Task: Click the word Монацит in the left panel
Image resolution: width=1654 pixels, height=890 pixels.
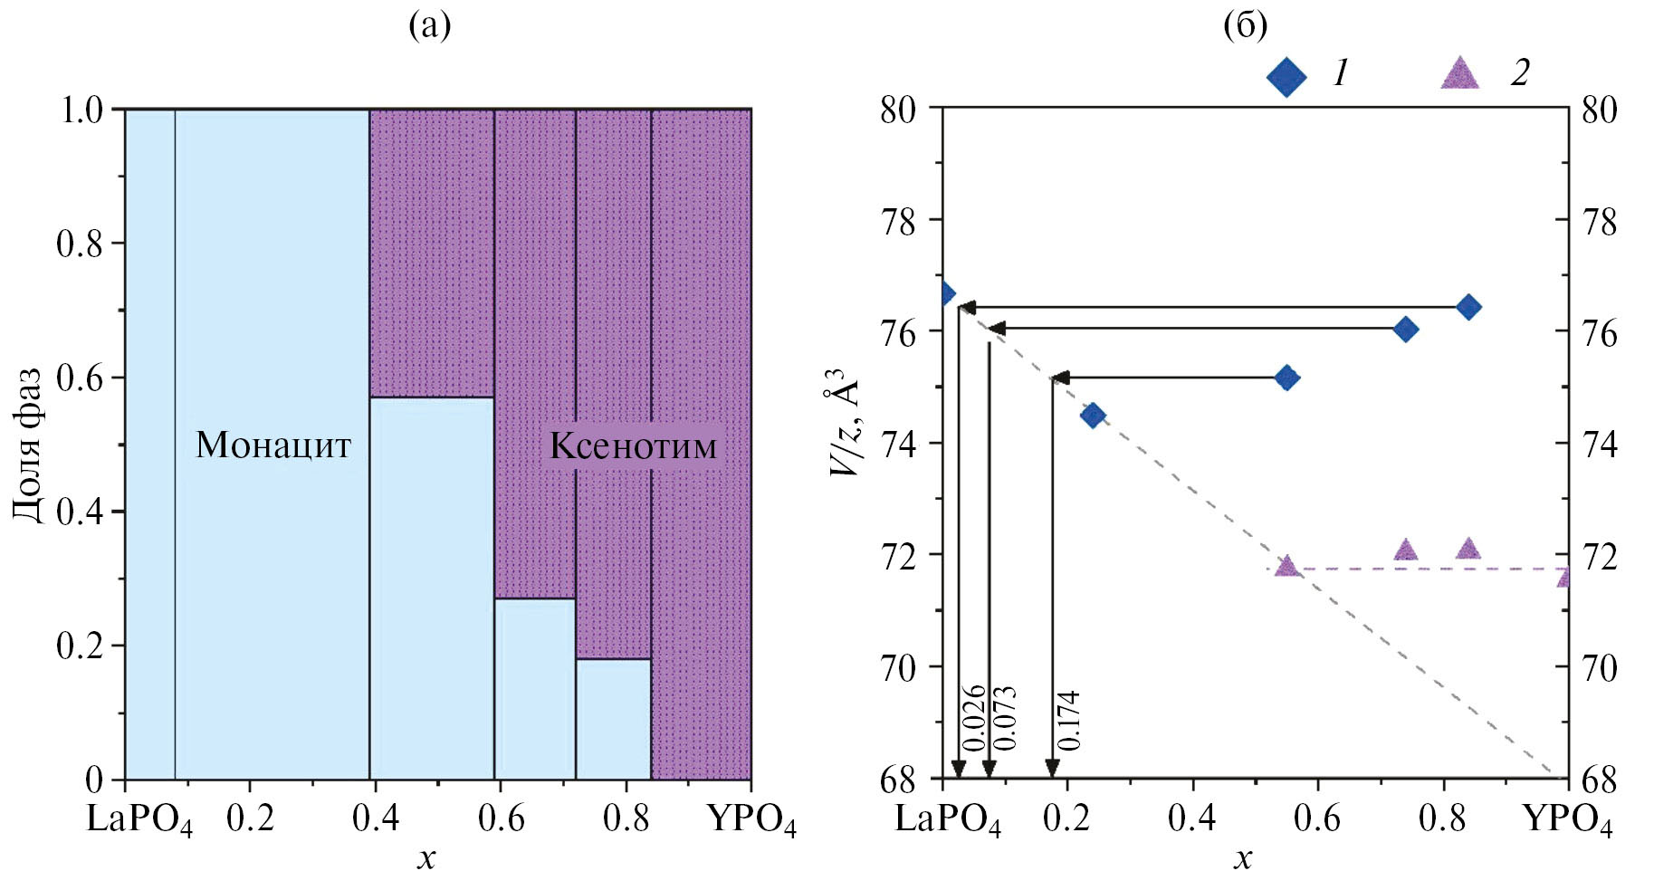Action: (x=272, y=445)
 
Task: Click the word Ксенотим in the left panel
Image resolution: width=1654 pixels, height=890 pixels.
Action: (x=633, y=445)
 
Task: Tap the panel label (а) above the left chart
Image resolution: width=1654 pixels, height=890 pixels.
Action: (x=429, y=26)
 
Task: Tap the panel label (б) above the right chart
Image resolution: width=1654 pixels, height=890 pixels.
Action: (x=1245, y=26)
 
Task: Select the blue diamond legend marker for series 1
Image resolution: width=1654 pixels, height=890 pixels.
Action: (x=1286, y=77)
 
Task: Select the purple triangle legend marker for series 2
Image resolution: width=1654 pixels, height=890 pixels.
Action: (x=1459, y=74)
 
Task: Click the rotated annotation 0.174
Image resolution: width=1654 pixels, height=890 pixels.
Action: (x=1068, y=721)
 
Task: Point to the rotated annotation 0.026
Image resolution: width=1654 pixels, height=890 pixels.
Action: (x=973, y=719)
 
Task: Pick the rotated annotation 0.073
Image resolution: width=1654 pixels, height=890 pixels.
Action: (x=1004, y=719)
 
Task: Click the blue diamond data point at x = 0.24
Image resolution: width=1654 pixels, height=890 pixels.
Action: (x=1094, y=416)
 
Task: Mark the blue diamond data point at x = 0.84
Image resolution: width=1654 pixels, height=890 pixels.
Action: (x=1468, y=307)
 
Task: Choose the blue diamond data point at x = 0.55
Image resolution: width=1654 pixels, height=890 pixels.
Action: (x=1286, y=378)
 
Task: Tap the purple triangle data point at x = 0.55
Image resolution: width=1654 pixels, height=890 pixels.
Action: (x=1286, y=567)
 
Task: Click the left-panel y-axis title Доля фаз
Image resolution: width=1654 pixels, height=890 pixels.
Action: (x=28, y=445)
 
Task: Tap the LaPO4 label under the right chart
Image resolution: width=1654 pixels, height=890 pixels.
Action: (x=948, y=819)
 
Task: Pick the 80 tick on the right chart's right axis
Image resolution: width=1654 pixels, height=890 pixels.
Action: (x=1599, y=110)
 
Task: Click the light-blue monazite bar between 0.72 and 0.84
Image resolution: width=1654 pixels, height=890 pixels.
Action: (x=613, y=719)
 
